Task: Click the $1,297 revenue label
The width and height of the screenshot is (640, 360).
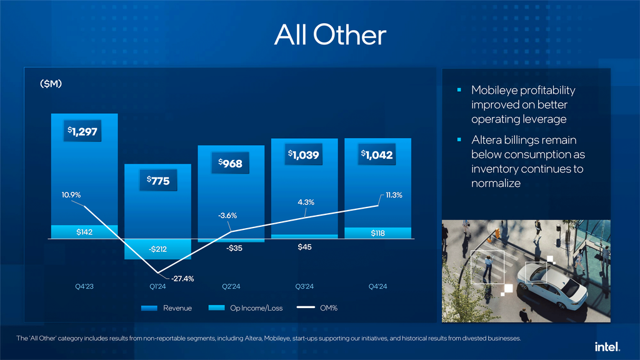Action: pos(82,131)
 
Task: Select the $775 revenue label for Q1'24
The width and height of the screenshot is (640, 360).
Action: pos(158,181)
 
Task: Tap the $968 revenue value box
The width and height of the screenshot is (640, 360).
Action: pos(230,163)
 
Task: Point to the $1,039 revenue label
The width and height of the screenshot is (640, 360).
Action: pos(303,154)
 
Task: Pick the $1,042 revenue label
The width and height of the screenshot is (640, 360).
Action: pos(377,155)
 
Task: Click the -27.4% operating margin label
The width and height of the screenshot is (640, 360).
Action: pos(182,279)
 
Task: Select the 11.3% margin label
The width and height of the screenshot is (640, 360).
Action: pos(394,195)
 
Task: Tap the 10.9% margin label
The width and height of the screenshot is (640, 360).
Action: pos(71,195)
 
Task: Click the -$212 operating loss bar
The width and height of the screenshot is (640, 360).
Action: pos(157,249)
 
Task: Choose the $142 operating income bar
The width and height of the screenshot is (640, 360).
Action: pos(84,232)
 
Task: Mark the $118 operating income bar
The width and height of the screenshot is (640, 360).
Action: pos(377,233)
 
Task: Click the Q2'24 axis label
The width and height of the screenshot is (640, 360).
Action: pos(231,286)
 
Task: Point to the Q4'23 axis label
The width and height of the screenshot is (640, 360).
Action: pos(84,286)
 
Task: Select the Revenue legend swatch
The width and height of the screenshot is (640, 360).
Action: pos(149,308)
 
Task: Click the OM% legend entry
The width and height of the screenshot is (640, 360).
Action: pos(317,308)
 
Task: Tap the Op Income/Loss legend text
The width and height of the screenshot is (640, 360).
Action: pos(256,308)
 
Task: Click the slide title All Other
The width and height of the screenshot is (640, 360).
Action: pos(330,35)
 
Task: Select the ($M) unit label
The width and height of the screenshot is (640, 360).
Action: pos(51,84)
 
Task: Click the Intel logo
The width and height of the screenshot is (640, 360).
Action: pos(607,347)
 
